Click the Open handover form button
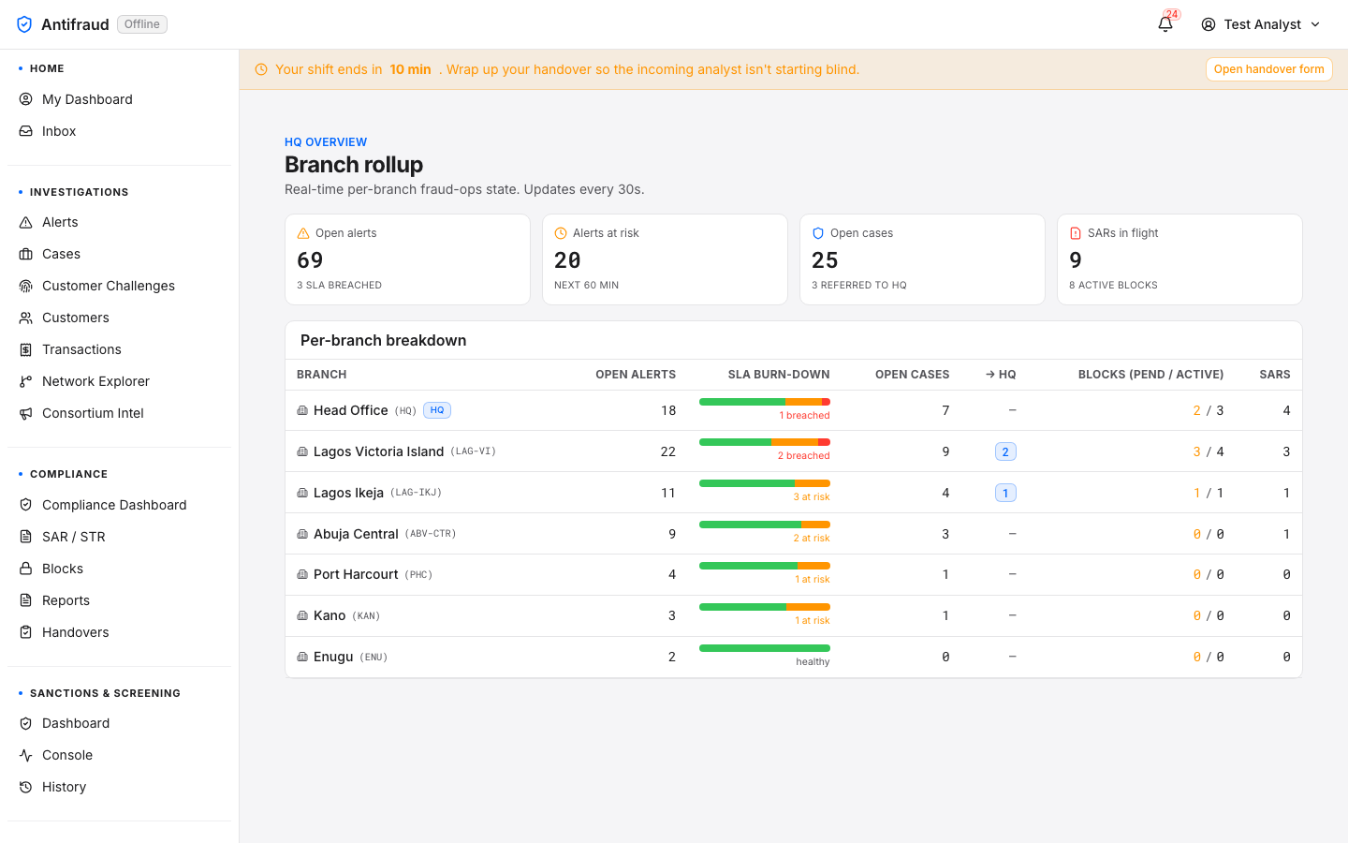(x=1268, y=69)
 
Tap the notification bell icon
(x=1165, y=24)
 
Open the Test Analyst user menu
(x=1261, y=24)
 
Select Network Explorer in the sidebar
(x=95, y=381)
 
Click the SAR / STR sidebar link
(x=73, y=537)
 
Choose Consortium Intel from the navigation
(x=93, y=413)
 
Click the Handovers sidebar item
(x=75, y=632)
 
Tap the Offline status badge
(x=142, y=24)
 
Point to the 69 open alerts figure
(x=310, y=260)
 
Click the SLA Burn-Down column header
(x=779, y=375)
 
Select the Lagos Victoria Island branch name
(x=378, y=451)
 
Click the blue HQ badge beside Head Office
(x=437, y=410)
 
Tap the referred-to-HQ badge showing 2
(x=1005, y=451)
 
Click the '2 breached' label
(x=803, y=456)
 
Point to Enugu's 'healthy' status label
(x=813, y=661)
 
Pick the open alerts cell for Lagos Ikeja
(x=668, y=493)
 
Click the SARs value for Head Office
(x=1286, y=410)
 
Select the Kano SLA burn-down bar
(x=764, y=607)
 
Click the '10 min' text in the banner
(x=410, y=69)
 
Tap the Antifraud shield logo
(x=24, y=24)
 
